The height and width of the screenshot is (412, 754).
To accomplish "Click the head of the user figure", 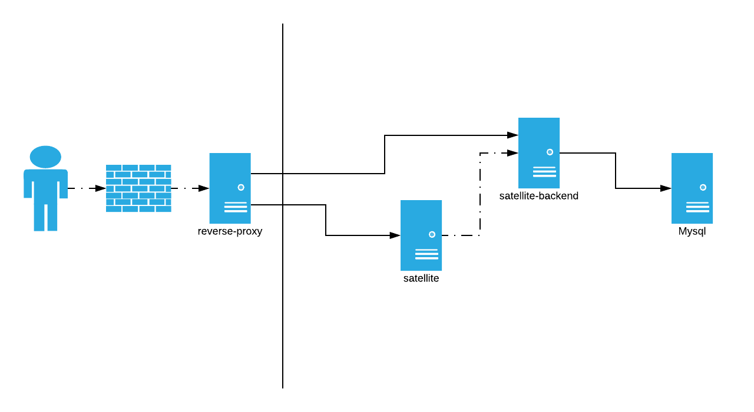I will [45, 157].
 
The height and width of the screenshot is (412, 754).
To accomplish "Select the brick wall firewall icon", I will [138, 188].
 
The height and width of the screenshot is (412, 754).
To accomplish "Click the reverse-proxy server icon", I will [230, 188].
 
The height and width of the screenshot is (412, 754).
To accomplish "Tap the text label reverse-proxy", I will [230, 231].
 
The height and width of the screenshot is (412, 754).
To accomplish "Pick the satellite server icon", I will [421, 235].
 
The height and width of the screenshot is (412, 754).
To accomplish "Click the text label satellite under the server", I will [421, 278].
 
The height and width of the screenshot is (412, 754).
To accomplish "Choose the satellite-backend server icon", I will [538, 153].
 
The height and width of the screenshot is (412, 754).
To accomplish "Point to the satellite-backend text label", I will [538, 196].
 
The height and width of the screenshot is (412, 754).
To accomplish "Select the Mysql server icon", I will [692, 188].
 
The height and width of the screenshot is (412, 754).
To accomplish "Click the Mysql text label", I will [692, 231].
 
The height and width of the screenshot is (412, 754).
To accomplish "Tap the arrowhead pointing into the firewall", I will [101, 188].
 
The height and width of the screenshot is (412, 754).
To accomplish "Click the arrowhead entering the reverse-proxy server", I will [204, 188].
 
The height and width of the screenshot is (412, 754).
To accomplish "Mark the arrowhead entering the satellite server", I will [395, 235].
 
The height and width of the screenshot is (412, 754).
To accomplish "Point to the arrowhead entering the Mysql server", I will [666, 188].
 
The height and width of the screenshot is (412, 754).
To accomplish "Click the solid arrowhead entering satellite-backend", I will [512, 135].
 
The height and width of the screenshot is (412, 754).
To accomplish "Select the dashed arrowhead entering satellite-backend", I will [512, 153].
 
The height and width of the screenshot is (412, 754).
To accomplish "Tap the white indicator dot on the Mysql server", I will [703, 187].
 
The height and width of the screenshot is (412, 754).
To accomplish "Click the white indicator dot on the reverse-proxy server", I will [241, 187].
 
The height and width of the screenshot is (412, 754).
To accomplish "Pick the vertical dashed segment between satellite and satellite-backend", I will [480, 194].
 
